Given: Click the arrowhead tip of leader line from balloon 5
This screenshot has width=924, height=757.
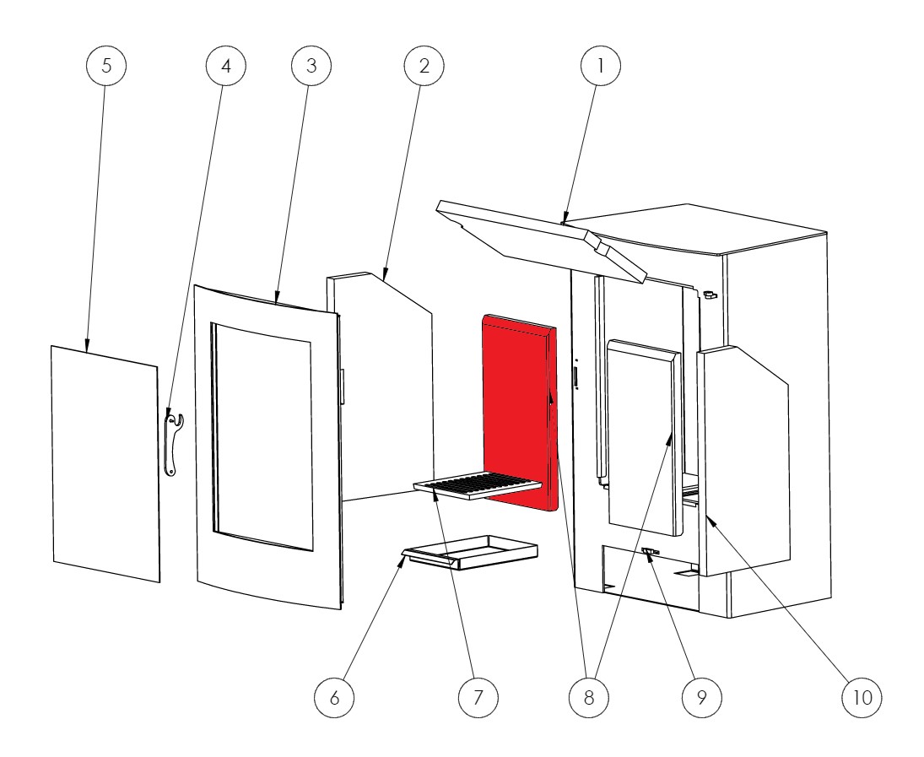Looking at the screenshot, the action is point(87,353).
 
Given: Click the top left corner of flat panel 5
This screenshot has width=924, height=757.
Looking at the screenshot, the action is point(51,346).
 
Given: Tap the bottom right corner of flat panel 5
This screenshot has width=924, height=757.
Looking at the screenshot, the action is point(159,582).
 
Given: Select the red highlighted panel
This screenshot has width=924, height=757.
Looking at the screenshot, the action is point(520,412).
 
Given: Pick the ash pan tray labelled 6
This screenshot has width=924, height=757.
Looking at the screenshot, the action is point(470,554).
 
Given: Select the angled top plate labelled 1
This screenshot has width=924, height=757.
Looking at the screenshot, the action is point(539,240).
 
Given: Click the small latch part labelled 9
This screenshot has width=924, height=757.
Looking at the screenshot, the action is point(651,553).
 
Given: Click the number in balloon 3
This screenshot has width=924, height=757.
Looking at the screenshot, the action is point(311,65).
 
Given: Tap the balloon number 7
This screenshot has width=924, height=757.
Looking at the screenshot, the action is point(478,697).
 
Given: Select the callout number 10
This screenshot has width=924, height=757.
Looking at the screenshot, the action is point(862,697).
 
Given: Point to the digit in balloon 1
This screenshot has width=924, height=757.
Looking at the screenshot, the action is point(601,65).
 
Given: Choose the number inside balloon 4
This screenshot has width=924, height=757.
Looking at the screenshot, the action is point(226,65).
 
